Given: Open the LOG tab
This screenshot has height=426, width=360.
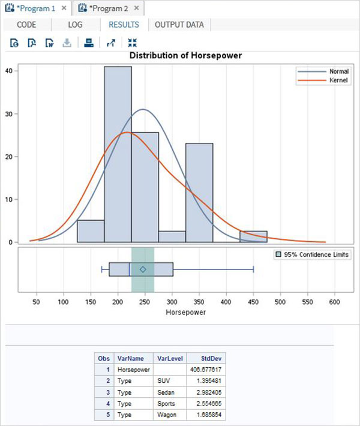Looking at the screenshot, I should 76,25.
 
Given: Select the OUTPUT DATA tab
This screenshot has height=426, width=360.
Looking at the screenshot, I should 179,25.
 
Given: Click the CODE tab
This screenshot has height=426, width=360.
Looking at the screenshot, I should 26,25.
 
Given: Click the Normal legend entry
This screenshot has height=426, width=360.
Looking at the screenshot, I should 327,71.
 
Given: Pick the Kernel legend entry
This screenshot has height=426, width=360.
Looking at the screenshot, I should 327,80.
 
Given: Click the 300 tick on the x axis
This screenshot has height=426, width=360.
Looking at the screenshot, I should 172,302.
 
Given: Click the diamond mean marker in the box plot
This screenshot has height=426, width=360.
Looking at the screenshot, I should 143,269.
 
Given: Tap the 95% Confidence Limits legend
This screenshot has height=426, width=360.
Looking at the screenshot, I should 312,255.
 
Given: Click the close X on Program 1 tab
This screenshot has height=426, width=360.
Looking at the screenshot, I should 64,8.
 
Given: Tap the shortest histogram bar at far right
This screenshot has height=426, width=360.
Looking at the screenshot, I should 253,236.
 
